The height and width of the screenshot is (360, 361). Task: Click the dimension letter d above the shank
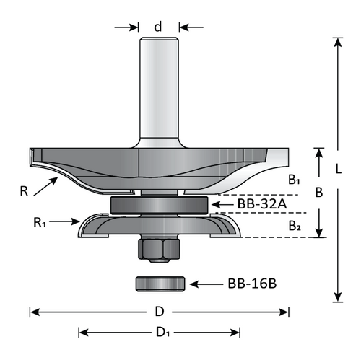(x=158, y=27)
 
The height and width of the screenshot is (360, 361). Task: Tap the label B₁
(x=295, y=180)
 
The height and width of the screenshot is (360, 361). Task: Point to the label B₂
(x=295, y=226)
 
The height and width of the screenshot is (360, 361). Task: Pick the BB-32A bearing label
(x=261, y=204)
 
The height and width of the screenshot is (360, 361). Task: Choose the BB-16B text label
(x=253, y=283)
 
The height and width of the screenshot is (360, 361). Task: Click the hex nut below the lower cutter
(x=158, y=250)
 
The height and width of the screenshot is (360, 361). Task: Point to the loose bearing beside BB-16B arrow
(x=158, y=282)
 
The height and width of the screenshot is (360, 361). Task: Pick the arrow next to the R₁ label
(x=72, y=221)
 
